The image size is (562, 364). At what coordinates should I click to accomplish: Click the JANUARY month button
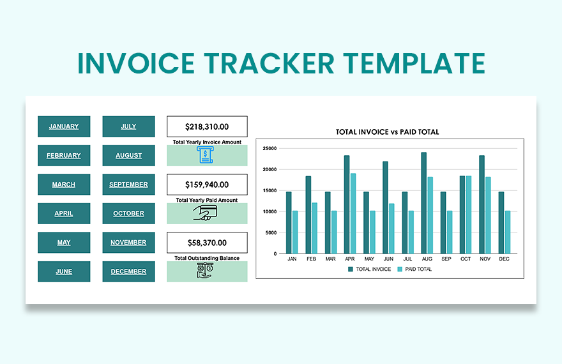tap(64, 126)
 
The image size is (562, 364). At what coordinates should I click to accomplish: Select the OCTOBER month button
tap(128, 213)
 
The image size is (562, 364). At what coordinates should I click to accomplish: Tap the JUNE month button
tap(64, 271)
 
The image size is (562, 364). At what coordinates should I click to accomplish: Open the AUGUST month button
tap(128, 155)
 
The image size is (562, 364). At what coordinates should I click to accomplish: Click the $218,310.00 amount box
tap(207, 127)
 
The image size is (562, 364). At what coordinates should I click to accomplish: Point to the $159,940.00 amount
tap(207, 185)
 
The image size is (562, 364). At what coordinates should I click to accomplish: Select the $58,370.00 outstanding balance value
tap(207, 243)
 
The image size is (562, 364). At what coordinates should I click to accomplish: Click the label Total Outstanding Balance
tap(207, 258)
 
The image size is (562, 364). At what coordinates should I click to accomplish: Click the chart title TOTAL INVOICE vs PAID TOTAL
tap(388, 132)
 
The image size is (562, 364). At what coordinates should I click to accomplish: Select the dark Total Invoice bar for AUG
tap(423, 203)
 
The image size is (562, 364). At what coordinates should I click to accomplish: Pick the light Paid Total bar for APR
tap(353, 213)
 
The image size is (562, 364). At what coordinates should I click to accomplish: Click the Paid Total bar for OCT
tap(469, 215)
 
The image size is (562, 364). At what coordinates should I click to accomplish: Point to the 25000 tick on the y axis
tap(269, 148)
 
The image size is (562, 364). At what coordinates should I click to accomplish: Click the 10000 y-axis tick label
tap(269, 211)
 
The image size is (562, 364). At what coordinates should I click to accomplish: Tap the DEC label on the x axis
tap(504, 259)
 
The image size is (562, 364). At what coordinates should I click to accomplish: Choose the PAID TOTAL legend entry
tap(415, 269)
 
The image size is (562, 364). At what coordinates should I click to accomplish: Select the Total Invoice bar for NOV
tap(482, 204)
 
